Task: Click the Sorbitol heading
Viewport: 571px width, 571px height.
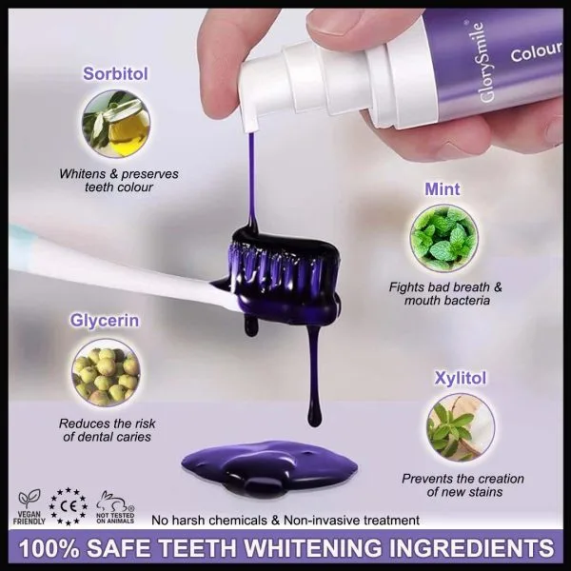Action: pyautogui.click(x=115, y=74)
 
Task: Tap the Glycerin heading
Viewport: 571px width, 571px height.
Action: pyautogui.click(x=105, y=321)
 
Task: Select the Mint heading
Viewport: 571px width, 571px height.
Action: pyautogui.click(x=443, y=189)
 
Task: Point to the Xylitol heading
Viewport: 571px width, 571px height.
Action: pyautogui.click(x=461, y=378)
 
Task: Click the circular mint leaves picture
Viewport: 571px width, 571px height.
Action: pyautogui.click(x=443, y=239)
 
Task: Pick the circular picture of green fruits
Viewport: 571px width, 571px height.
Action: pyautogui.click(x=106, y=372)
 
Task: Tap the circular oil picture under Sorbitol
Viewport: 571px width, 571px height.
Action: pyautogui.click(x=116, y=124)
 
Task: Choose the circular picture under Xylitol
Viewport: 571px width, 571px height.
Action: pyautogui.click(x=461, y=427)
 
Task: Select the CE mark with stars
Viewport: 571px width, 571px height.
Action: pyautogui.click(x=69, y=506)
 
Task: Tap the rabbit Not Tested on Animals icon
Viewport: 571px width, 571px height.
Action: pyautogui.click(x=115, y=507)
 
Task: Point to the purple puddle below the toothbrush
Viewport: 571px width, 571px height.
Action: pyautogui.click(x=269, y=468)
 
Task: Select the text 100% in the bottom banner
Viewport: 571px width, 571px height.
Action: pyautogui.click(x=49, y=548)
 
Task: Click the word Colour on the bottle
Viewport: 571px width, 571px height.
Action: pyautogui.click(x=536, y=51)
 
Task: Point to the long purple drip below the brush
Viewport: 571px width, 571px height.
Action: pyautogui.click(x=314, y=371)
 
